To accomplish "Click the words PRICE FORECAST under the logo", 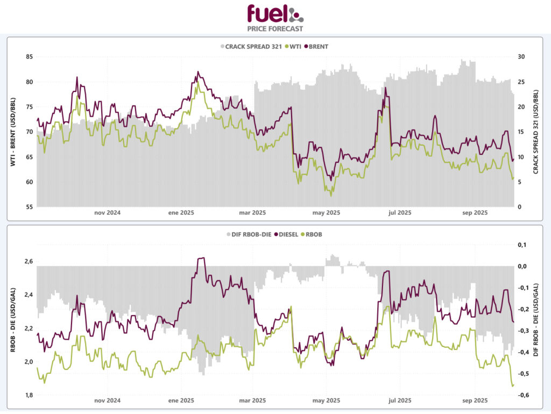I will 275,28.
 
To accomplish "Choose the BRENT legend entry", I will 318,46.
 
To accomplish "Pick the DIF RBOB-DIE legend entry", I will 248,234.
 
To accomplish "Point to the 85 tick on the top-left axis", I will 29,56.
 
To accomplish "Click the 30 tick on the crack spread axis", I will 521,56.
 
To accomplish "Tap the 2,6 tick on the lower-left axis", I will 29,261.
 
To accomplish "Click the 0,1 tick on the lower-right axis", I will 522,245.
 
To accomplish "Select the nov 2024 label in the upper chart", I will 107,213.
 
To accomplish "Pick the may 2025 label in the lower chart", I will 326,401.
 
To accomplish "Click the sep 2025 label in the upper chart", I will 475,213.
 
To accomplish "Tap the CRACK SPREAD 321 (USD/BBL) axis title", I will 536,132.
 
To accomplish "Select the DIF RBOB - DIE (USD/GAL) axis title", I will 536,320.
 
